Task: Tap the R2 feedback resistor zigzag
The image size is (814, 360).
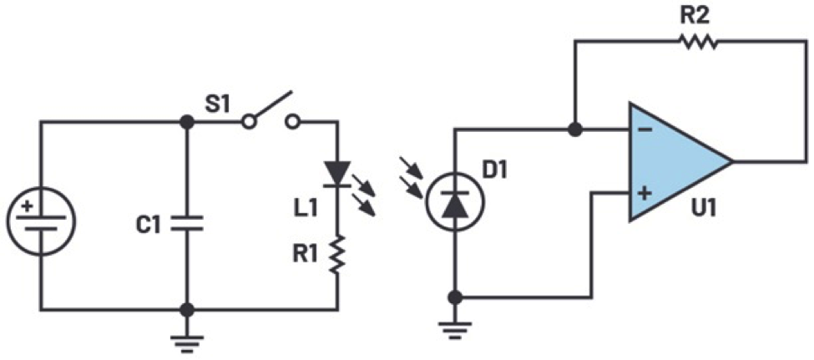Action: click(x=698, y=41)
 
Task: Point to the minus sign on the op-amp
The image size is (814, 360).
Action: click(x=645, y=130)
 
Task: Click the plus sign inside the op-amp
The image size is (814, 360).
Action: click(x=645, y=195)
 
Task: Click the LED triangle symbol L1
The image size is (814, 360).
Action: click(x=338, y=174)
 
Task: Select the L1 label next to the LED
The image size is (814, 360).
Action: click(x=303, y=204)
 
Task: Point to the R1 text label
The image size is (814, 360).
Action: click(x=303, y=253)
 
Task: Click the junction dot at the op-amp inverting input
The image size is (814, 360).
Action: click(x=574, y=130)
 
